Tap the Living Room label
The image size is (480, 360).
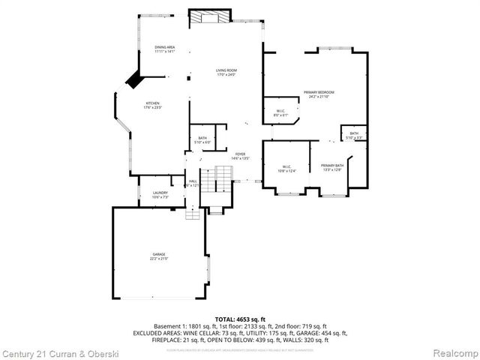click(x=226, y=73)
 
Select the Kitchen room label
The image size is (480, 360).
click(x=153, y=106)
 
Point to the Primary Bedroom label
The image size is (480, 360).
click(x=319, y=94)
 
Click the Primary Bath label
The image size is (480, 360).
click(x=331, y=167)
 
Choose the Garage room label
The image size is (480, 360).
click(x=159, y=256)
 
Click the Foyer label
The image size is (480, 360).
click(x=240, y=156)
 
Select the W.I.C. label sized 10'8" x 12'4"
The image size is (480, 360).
click(x=287, y=169)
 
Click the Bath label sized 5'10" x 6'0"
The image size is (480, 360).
click(x=202, y=140)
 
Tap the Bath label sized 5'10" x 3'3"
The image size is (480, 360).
click(x=354, y=136)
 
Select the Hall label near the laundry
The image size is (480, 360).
click(x=193, y=182)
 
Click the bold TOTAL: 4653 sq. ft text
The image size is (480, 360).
click(x=240, y=319)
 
